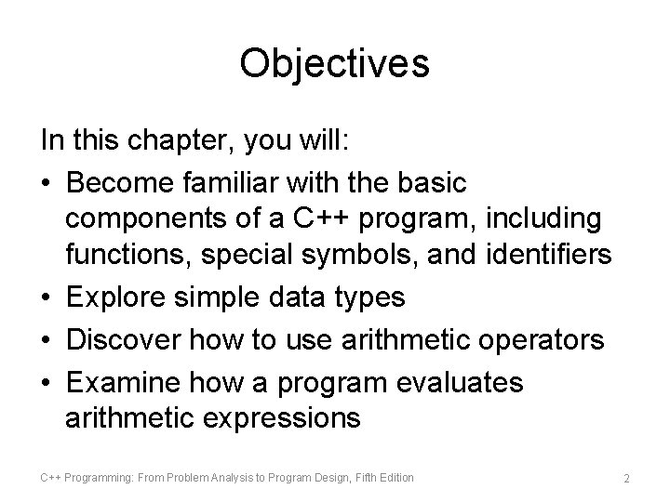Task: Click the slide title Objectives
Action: coord(334,63)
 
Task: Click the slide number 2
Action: coord(626,478)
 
